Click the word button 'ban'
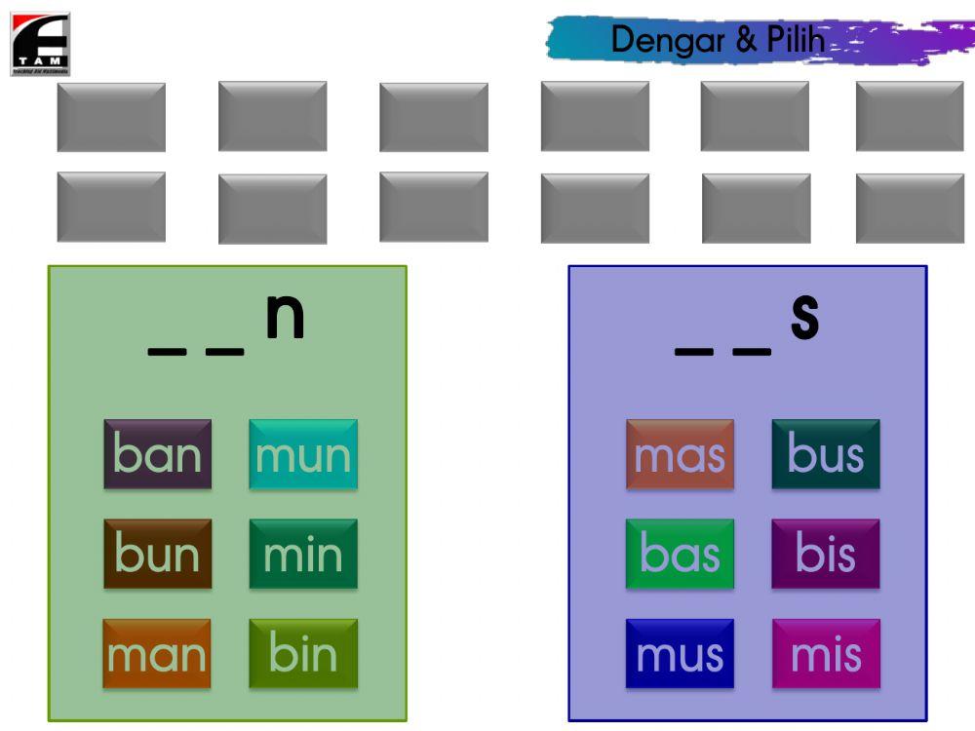tap(157, 454)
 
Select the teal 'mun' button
tap(303, 454)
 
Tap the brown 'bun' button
tap(157, 554)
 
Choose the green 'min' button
tap(303, 554)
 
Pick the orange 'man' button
tap(157, 654)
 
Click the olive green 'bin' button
tap(303, 654)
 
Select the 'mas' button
tap(680, 454)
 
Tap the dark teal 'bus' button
tap(826, 454)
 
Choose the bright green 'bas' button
tap(680, 554)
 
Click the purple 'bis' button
tap(826, 554)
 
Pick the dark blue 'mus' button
tap(680, 654)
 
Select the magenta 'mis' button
tap(826, 654)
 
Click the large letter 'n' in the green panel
tap(285, 318)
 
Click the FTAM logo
tap(40, 44)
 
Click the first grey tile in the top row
tap(111, 117)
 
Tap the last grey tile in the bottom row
tap(910, 208)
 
